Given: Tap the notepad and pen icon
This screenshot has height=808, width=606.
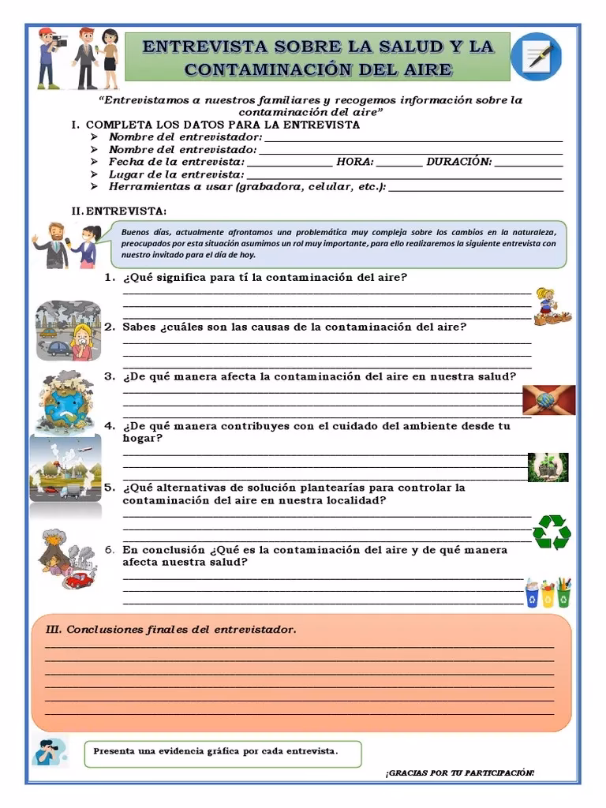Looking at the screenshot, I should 536,58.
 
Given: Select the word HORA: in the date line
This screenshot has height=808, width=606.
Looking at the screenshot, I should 354,162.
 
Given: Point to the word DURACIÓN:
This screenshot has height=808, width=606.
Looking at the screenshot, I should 458,162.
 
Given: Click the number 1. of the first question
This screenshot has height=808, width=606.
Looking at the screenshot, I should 110,278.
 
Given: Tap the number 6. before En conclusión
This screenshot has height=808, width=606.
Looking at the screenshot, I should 110,550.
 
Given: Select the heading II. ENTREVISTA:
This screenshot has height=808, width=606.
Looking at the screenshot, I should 118,211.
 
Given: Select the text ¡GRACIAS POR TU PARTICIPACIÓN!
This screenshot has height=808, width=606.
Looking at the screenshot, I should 459,772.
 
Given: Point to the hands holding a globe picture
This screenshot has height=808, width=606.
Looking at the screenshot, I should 548,400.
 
